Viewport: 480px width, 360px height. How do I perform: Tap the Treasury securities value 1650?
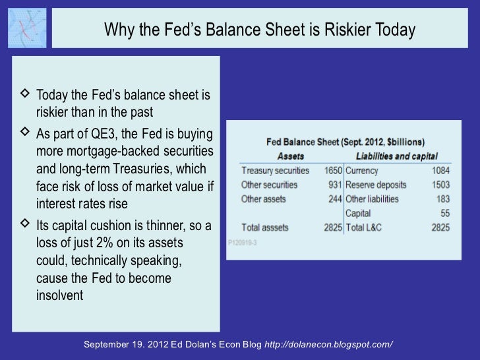coord(333,170)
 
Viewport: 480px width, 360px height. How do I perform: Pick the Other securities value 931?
coord(335,185)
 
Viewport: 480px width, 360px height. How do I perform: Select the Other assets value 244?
coord(335,198)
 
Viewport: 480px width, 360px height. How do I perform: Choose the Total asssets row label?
coord(265,227)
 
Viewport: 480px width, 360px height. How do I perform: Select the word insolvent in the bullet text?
coord(60,295)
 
